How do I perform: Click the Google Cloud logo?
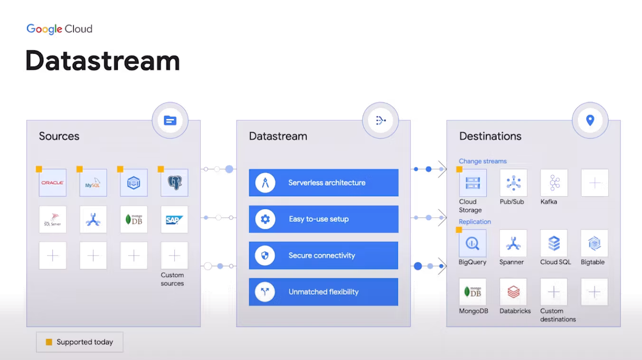click(59, 29)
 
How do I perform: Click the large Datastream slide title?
click(103, 61)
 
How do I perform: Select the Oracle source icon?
click(53, 183)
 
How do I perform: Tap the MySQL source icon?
click(93, 183)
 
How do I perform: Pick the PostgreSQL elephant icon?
click(175, 183)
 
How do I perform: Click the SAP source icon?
click(174, 219)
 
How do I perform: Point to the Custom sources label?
click(172, 279)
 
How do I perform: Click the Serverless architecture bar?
click(323, 183)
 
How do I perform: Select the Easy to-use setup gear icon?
click(265, 219)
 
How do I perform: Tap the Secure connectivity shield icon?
click(265, 256)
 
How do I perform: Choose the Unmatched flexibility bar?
click(323, 292)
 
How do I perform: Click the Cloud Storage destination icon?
click(472, 183)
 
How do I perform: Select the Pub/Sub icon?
click(513, 183)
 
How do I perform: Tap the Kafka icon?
click(554, 183)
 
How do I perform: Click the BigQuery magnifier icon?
click(472, 243)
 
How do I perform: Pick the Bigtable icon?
click(595, 243)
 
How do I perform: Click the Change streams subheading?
click(482, 161)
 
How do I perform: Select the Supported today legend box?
click(80, 342)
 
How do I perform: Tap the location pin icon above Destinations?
click(590, 120)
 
